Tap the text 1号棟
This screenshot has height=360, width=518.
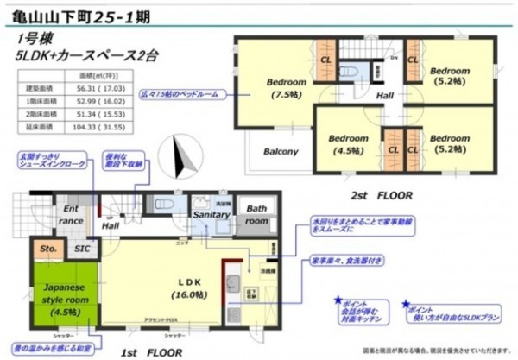pyautogui.click(x=33, y=39)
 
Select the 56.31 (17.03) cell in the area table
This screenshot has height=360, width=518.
pyautogui.click(x=96, y=87)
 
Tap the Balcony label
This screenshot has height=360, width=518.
pyautogui.click(x=279, y=151)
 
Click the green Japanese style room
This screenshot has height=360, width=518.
pyautogui.click(x=58, y=297)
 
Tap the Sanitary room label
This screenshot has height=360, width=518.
pyautogui.click(x=210, y=214)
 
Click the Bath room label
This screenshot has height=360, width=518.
pyautogui.click(x=256, y=214)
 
